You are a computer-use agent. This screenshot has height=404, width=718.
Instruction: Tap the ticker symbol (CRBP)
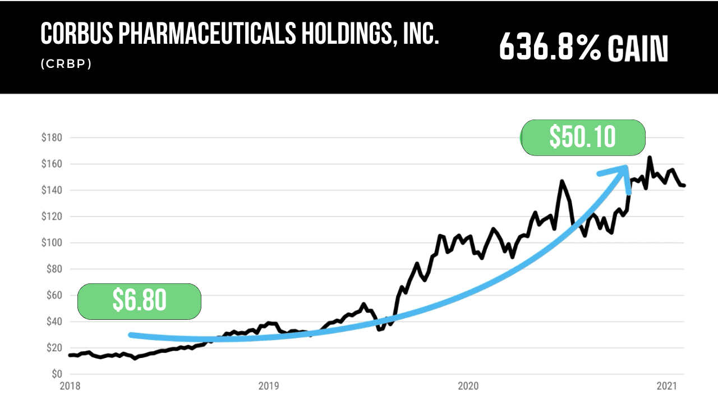(66, 64)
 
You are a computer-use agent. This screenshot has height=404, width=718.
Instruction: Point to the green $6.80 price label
(140, 301)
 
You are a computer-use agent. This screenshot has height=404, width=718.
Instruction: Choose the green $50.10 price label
(583, 137)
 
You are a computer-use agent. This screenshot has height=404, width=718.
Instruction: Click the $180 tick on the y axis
(52, 138)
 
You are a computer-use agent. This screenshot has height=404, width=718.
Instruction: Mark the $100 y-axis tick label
(52, 243)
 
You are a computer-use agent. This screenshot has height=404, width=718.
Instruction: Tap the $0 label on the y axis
(57, 374)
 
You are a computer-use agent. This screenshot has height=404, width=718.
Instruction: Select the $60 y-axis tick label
(54, 296)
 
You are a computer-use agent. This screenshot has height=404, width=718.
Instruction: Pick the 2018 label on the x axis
(70, 386)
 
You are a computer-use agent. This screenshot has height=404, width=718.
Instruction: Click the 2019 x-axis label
(269, 386)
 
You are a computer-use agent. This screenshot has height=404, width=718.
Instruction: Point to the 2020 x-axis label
(468, 386)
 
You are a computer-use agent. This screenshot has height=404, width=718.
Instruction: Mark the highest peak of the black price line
(650, 158)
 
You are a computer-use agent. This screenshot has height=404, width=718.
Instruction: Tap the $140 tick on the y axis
(52, 191)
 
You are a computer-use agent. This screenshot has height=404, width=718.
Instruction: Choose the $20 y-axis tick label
(54, 348)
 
